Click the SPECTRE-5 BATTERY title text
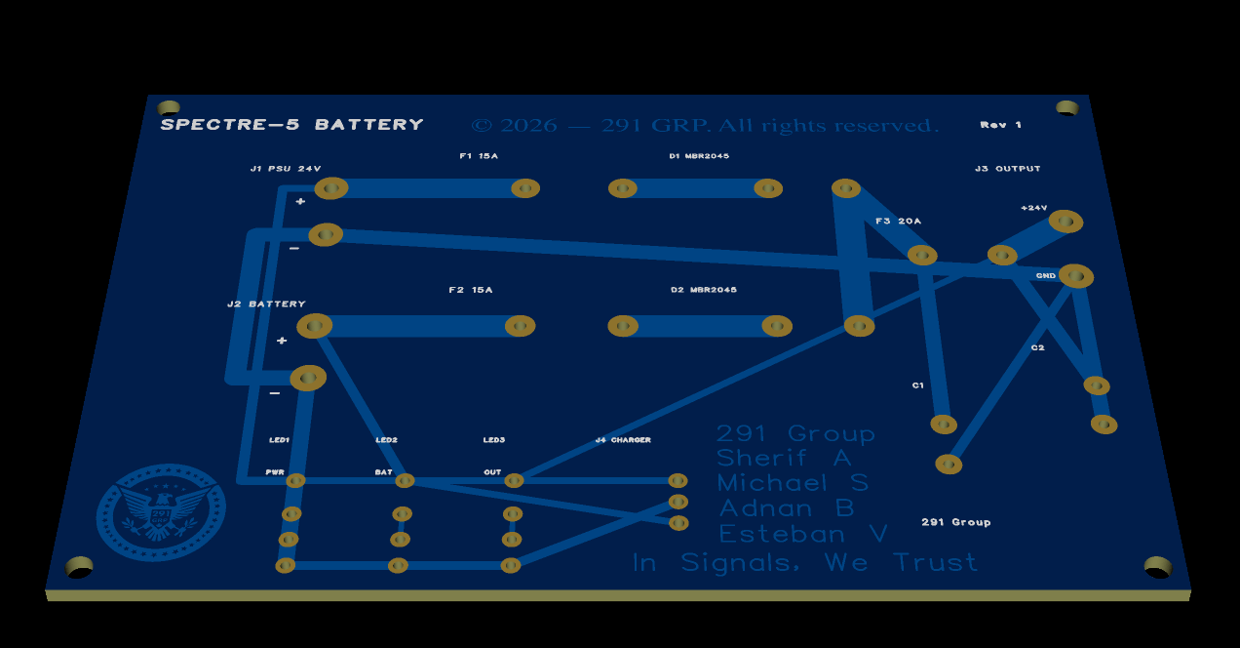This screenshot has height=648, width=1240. point(291,125)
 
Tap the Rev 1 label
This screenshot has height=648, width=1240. point(1001,125)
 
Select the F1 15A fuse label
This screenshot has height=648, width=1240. point(479,156)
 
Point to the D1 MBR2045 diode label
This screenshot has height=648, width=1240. point(699,156)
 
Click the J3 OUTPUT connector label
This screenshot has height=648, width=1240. point(1008,169)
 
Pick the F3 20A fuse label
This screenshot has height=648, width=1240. point(898,222)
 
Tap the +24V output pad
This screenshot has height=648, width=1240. point(1066,222)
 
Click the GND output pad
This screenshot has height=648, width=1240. point(1076,276)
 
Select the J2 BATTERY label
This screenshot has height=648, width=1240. point(266,304)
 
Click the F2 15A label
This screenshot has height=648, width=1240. point(471,290)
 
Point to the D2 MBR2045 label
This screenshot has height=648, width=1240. point(704,290)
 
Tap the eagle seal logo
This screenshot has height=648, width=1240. point(161,511)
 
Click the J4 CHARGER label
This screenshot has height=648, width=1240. point(623,440)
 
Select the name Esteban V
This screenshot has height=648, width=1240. point(803,534)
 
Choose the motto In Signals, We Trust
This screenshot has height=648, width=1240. point(804,563)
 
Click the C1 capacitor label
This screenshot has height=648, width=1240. point(917,385)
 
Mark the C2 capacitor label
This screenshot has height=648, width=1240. point(1037,347)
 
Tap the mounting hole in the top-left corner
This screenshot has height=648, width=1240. point(169,107)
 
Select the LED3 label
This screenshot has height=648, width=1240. point(494,440)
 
